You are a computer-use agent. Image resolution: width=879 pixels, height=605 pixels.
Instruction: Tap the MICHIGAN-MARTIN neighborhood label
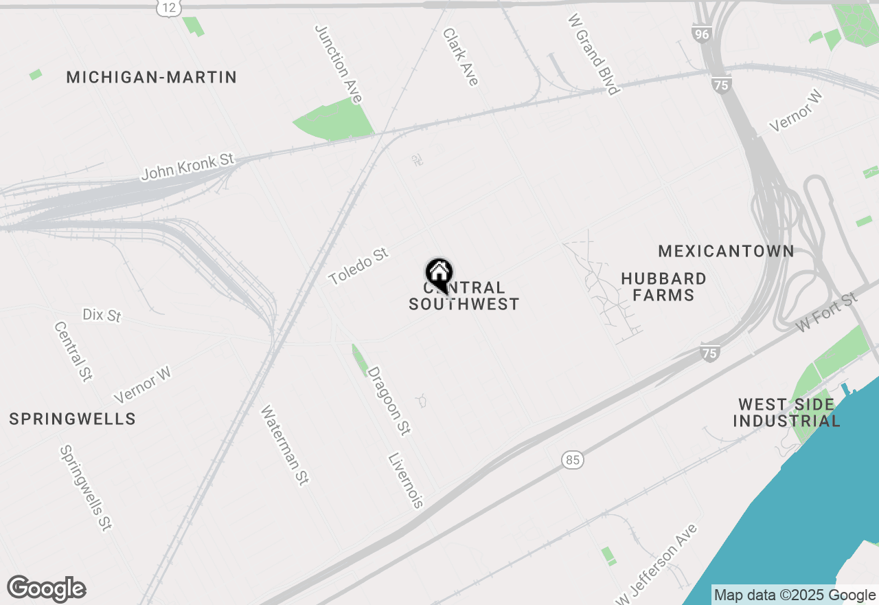click(152, 78)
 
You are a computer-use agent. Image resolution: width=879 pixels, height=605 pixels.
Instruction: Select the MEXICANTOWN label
click(726, 252)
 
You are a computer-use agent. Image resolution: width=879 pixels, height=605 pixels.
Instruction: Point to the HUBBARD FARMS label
click(663, 287)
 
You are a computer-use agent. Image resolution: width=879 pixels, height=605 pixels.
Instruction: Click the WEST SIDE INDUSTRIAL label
click(786, 412)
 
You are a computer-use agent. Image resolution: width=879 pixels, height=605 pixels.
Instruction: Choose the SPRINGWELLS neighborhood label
click(72, 419)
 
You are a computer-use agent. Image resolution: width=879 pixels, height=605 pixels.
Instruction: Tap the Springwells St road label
click(86, 488)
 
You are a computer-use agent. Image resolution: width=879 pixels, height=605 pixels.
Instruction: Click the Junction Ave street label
click(338, 64)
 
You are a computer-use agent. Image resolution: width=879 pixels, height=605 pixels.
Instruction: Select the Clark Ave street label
click(460, 57)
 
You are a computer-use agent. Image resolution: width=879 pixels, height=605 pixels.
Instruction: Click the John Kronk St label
click(187, 167)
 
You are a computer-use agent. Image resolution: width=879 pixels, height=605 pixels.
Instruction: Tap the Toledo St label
click(358, 267)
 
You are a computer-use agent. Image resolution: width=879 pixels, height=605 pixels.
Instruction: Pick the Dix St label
click(102, 315)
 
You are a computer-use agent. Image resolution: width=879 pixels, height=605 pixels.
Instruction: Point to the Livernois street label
click(406, 480)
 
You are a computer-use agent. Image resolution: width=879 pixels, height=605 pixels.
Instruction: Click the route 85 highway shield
click(573, 459)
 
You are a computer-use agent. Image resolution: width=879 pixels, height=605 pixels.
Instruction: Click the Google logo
click(47, 589)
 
